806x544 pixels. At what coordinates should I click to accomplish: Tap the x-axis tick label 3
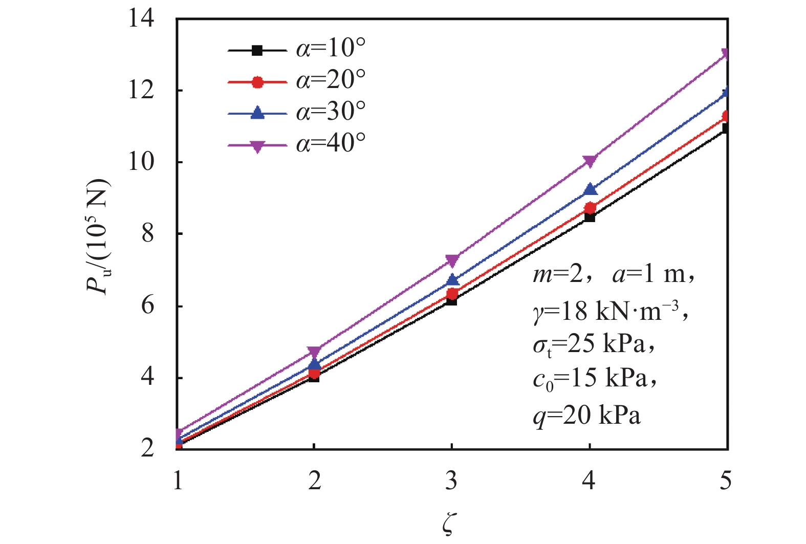tap(451, 481)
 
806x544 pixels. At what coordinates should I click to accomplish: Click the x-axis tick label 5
tap(726, 481)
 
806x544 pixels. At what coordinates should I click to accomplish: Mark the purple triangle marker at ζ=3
tap(452, 260)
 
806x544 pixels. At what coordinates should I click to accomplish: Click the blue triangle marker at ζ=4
tap(590, 189)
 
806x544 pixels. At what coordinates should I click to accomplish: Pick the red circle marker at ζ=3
tap(452, 294)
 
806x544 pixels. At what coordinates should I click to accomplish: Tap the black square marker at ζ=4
tap(590, 216)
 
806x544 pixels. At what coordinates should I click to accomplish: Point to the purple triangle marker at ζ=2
tap(314, 352)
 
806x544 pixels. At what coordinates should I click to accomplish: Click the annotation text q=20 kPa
tap(586, 416)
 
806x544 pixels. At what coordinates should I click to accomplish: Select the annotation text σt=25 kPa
tap(593, 345)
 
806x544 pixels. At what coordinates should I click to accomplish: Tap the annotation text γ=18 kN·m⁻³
tap(609, 310)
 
